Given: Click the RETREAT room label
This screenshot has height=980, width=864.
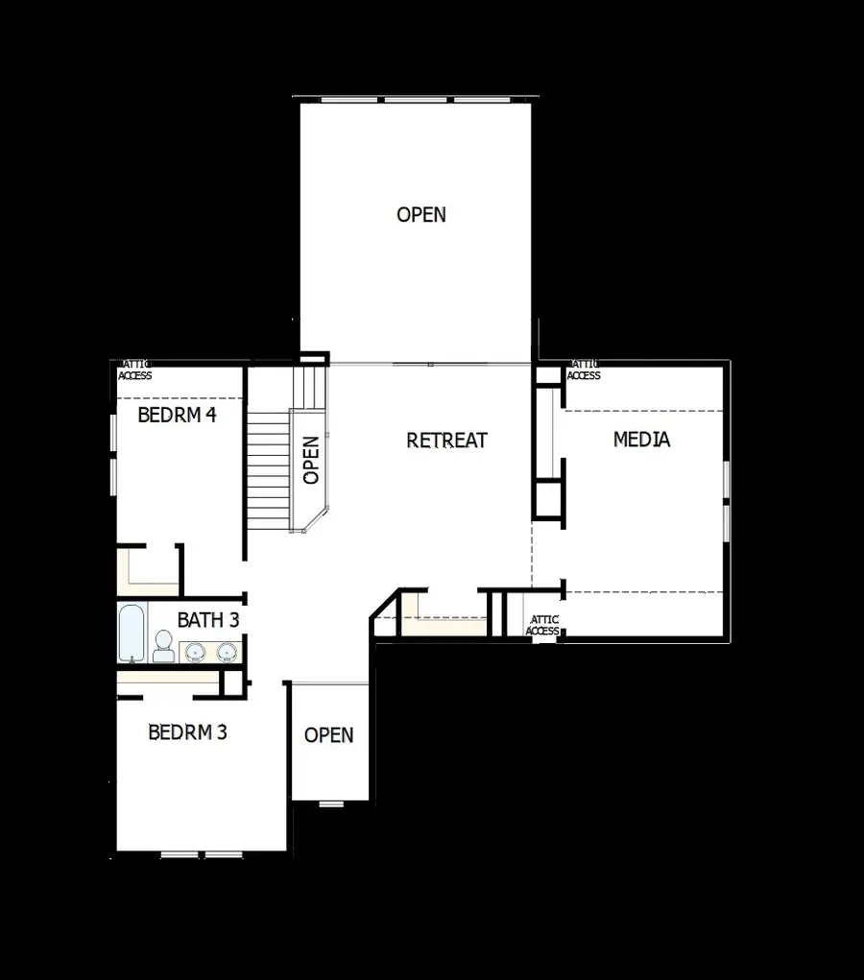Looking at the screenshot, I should [446, 441].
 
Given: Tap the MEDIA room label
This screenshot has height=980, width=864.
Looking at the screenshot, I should [641, 440].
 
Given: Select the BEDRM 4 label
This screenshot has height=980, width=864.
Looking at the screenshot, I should [177, 416].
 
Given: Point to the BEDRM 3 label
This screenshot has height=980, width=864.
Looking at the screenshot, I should [187, 732].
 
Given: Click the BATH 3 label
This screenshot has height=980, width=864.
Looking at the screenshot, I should [207, 620].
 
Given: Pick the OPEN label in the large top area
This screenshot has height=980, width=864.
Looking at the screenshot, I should [421, 214].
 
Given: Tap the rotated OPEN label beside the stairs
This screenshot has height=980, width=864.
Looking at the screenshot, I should [311, 461].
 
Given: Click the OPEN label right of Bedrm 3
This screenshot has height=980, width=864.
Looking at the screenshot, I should [328, 735].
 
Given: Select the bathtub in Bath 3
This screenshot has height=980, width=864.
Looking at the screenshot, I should [131, 633].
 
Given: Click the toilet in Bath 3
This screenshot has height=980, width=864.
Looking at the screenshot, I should [162, 645].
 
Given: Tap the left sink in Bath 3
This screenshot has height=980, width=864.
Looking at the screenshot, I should [196, 653].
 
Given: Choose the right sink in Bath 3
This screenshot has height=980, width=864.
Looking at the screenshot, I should [227, 653].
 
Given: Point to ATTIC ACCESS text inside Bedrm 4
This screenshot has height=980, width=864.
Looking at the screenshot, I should [135, 370].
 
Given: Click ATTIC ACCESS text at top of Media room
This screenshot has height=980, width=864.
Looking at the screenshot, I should [584, 370].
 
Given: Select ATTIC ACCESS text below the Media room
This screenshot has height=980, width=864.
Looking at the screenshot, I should [542, 626].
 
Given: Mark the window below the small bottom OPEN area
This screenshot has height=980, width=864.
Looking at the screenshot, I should [331, 803].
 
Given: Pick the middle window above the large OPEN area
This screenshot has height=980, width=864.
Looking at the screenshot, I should [416, 99].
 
